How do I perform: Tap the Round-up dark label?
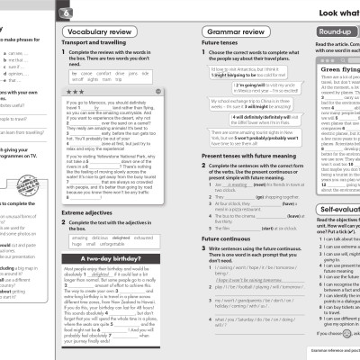[x=334, y=32]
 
